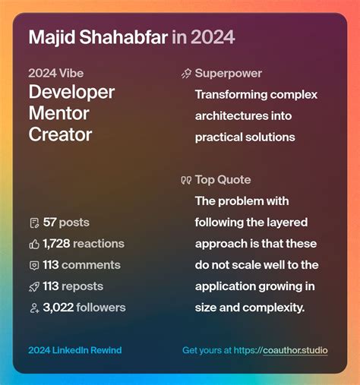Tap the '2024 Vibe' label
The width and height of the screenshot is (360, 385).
56,74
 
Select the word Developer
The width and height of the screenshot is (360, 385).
71,93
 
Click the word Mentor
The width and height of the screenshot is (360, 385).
58,114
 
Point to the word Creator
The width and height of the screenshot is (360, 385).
60,135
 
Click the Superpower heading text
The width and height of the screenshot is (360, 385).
228,74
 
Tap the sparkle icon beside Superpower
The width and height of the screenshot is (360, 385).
186,74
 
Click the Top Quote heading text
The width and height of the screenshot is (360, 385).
223,180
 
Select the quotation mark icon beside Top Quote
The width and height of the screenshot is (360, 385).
186,181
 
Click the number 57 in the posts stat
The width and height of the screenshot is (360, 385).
50,222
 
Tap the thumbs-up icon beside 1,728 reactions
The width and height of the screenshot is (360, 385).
34,244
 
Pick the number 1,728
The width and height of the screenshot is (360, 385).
57,244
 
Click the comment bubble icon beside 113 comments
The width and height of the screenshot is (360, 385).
34,265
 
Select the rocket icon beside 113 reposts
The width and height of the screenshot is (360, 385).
34,286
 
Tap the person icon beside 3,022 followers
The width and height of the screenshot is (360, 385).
34,308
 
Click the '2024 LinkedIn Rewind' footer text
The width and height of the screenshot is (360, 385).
74,350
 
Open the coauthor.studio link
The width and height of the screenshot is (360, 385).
295,350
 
